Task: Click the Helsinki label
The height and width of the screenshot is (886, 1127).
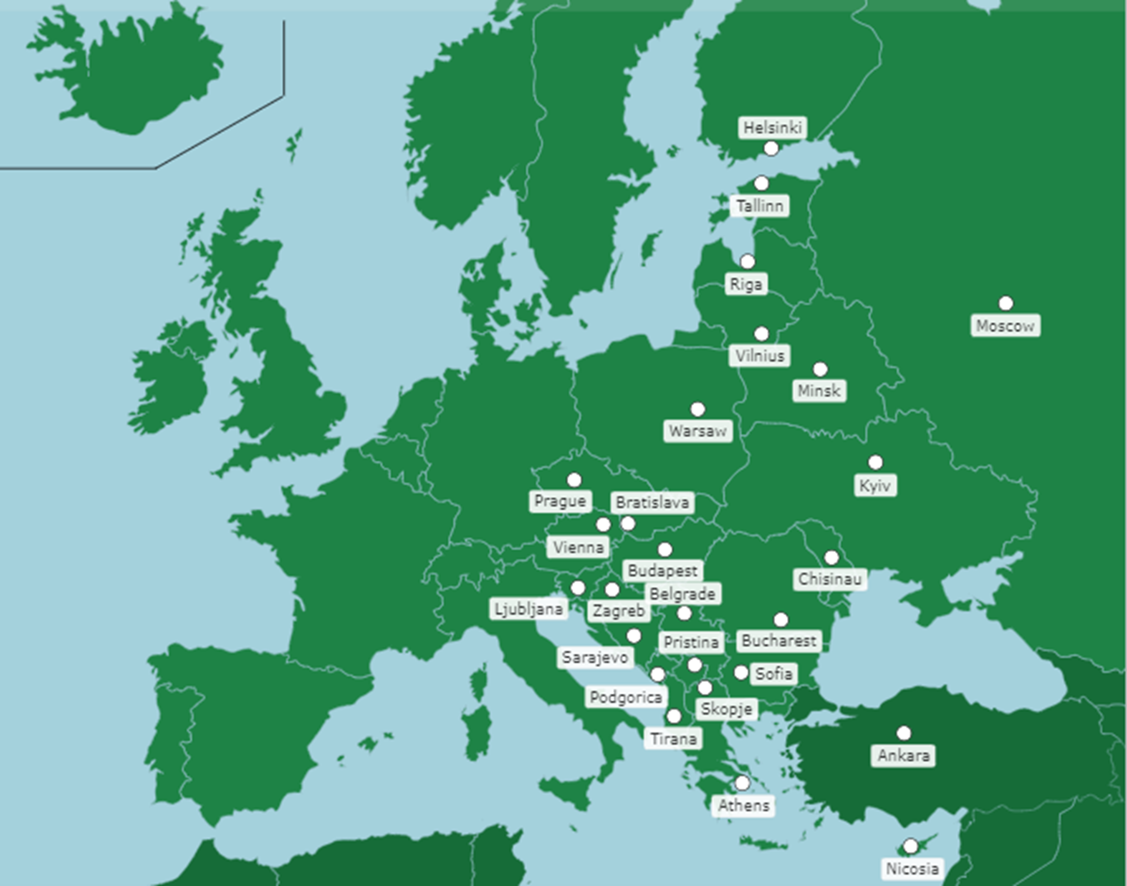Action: click(772, 127)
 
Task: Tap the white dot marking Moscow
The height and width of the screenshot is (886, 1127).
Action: click(1006, 303)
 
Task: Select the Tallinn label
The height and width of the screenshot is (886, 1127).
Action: click(760, 206)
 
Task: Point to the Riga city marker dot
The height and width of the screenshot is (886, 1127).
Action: click(747, 261)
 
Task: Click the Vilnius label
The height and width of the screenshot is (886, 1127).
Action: click(760, 356)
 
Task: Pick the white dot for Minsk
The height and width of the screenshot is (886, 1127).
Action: click(819, 369)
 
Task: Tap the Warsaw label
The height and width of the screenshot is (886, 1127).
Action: click(698, 431)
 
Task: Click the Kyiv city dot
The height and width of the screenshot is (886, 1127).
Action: click(875, 462)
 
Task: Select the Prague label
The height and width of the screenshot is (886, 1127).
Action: click(560, 501)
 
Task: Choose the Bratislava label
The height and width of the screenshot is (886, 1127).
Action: click(653, 502)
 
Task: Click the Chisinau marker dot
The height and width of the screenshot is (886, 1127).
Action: click(831, 557)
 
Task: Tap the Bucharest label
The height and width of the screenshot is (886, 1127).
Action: click(779, 641)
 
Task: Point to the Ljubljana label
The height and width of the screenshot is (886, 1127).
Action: click(528, 609)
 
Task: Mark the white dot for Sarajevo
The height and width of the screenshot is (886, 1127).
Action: click(633, 635)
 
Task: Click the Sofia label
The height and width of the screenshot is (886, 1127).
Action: click(774, 674)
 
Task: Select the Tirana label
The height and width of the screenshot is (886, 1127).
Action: click(673, 739)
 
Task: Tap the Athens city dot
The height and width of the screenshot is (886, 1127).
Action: click(743, 783)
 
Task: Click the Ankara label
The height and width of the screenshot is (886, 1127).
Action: click(903, 756)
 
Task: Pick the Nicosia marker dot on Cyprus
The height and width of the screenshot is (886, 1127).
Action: click(910, 846)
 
